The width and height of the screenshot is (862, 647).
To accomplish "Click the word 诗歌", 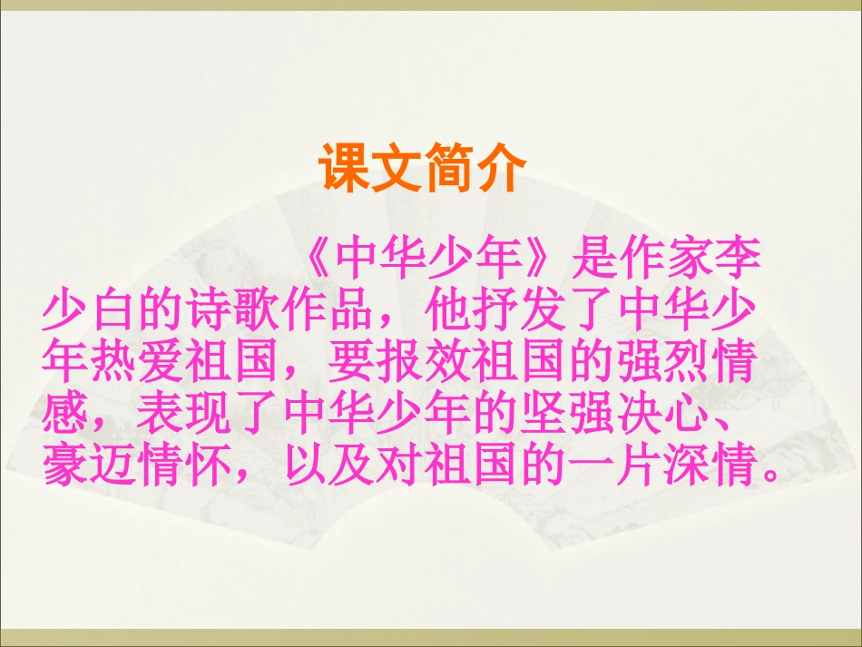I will click(231, 313).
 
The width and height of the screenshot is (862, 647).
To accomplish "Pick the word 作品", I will click(327, 313).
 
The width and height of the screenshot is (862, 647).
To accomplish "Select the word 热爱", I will click(136, 364).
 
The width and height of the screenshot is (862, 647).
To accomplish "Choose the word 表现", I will click(184, 416).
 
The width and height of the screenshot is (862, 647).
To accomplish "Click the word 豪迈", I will click(89, 466).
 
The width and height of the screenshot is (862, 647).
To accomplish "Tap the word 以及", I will click(327, 466).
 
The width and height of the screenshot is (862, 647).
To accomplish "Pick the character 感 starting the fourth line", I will click(65, 416).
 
